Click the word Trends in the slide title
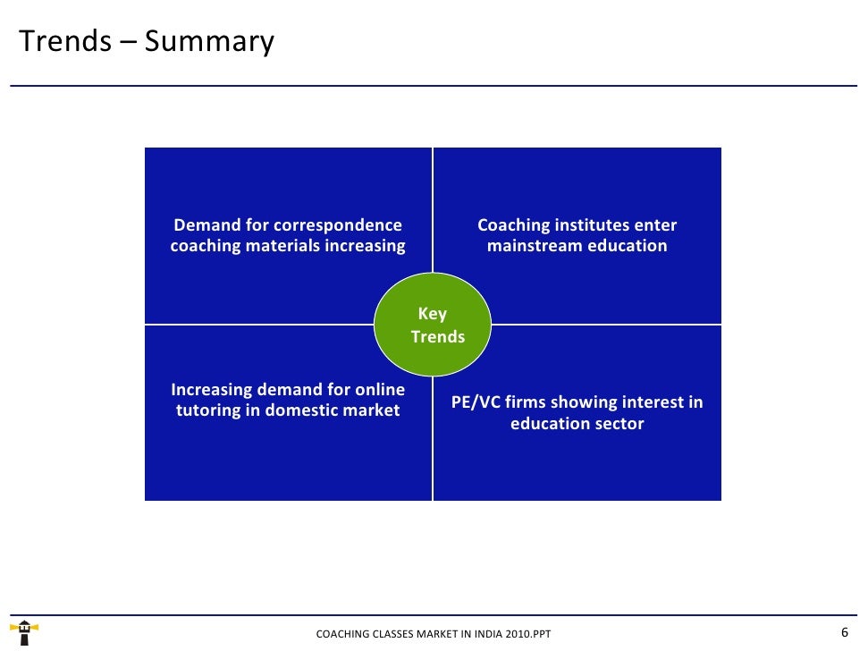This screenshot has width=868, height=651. click(64, 41)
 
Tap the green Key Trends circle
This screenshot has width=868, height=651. click(433, 325)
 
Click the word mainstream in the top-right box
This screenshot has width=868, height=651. click(535, 246)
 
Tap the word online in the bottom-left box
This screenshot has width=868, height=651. click(379, 390)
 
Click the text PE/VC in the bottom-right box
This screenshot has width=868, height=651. click(476, 402)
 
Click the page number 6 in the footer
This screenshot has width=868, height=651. click(845, 632)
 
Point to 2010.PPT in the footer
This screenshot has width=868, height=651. click(527, 634)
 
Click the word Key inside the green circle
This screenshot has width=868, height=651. click(433, 314)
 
